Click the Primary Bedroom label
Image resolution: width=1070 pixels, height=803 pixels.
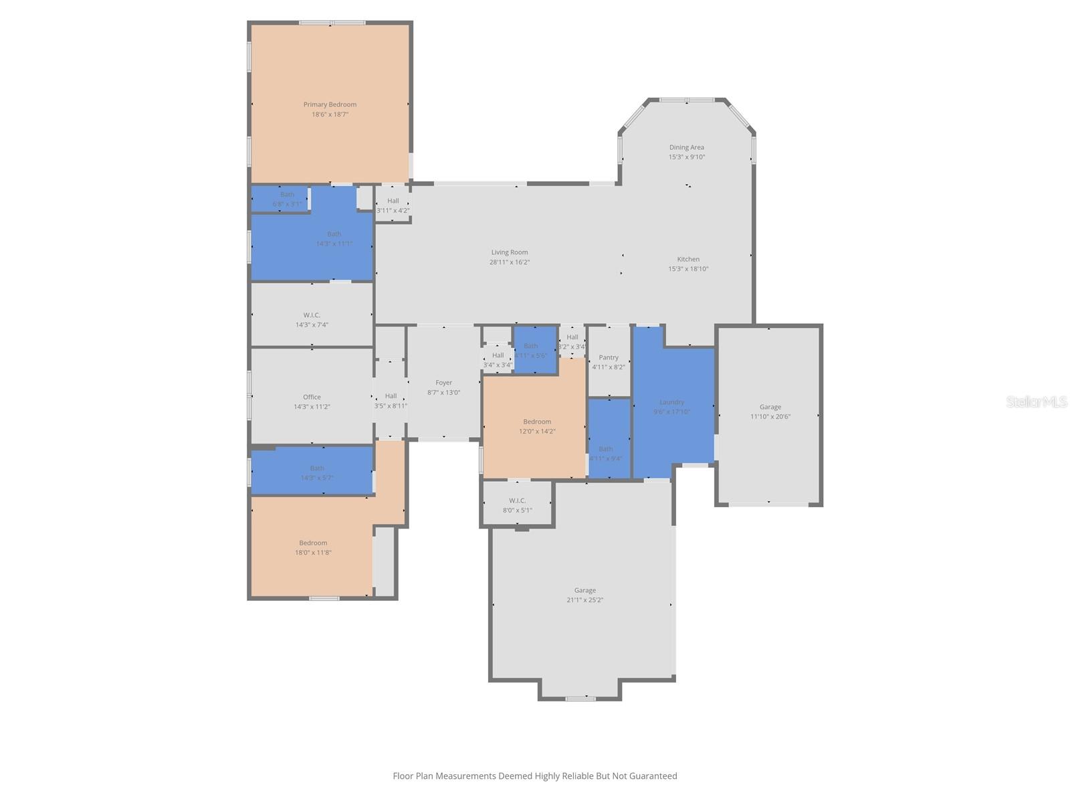click(330, 104)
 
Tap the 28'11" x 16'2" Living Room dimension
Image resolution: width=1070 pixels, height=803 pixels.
click(510, 262)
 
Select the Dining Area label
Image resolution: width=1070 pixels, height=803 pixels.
click(687, 147)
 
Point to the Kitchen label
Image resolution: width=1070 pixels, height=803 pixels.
click(688, 259)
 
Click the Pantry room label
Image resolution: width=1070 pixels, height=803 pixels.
click(609, 357)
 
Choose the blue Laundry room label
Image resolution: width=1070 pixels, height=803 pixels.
click(671, 402)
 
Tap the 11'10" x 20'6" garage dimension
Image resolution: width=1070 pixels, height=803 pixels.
click(770, 416)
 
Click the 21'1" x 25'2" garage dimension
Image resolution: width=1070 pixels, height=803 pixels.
click(584, 600)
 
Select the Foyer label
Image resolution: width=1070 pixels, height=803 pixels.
click(444, 383)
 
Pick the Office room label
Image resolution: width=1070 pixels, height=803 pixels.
click(312, 397)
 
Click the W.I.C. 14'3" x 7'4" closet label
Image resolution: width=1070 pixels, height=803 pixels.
click(312, 315)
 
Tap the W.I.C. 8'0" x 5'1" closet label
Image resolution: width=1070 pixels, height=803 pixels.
click(517, 501)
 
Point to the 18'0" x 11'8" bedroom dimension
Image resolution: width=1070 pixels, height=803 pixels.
click(313, 553)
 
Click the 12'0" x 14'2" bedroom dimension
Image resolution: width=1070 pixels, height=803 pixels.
click(537, 432)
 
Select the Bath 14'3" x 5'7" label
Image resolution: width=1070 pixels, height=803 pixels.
click(317, 468)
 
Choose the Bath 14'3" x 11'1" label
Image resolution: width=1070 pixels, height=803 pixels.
click(334, 234)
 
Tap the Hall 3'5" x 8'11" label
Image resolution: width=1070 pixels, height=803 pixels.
click(391, 396)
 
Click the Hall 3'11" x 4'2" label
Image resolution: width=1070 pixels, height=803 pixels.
click(393, 201)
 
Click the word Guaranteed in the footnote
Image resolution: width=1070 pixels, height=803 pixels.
click(651, 776)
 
